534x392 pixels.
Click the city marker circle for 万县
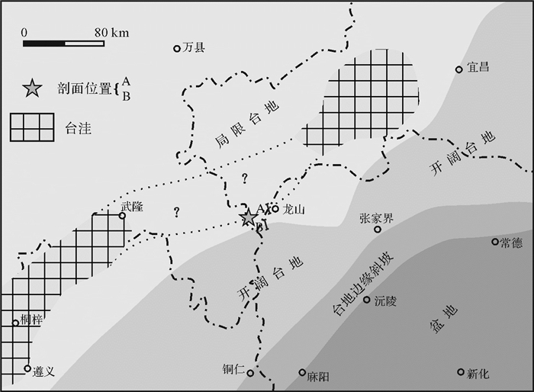(x=177, y=49)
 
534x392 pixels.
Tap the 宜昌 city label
(x=478, y=68)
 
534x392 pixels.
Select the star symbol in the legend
(x=31, y=88)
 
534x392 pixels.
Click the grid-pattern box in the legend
(x=32, y=127)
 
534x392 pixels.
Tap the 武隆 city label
(x=132, y=206)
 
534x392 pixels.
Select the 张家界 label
(x=376, y=218)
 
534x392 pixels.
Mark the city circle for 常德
(x=495, y=242)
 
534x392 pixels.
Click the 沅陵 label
(x=386, y=300)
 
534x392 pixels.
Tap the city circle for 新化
(x=461, y=372)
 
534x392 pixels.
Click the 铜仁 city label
(x=233, y=370)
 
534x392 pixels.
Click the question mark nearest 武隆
(x=176, y=211)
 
